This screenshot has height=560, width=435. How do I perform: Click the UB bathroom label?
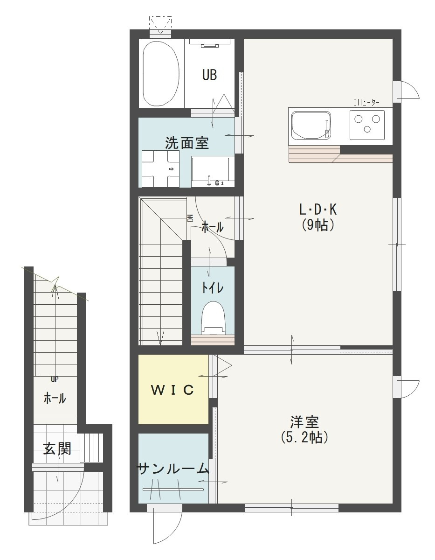click(x=209, y=75)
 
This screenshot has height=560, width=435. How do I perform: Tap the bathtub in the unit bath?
click(x=161, y=73)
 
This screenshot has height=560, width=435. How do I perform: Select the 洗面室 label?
click(x=186, y=143)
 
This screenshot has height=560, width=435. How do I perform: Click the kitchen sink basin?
click(x=311, y=126)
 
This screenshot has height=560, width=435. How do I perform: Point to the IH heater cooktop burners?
click(x=367, y=124)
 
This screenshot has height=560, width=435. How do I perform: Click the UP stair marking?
click(x=55, y=379)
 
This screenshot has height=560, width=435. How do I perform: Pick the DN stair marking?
click(x=190, y=218)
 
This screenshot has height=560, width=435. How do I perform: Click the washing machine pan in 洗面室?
click(x=160, y=168)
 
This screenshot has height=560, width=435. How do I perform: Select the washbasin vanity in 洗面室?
click(x=210, y=171)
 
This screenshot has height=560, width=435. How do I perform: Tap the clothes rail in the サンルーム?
click(x=173, y=489)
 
